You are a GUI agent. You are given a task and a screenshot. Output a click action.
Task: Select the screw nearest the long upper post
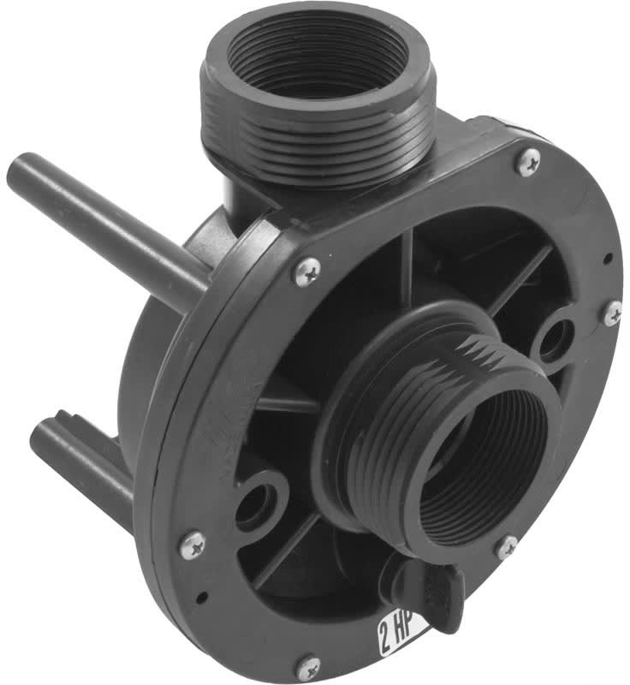pos(308,271)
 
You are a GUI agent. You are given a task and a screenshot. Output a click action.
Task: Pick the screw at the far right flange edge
pos(614,313)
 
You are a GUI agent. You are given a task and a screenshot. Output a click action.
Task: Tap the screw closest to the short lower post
pos(193,545)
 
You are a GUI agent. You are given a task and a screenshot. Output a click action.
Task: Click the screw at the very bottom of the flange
pos(309,667)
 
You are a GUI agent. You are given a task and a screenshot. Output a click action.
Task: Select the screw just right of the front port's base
pos(507,547)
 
